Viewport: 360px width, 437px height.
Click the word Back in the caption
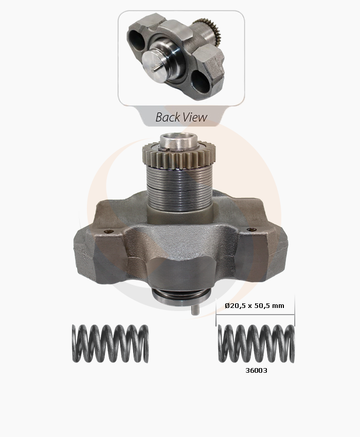click(167, 117)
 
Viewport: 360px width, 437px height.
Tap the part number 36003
click(256, 370)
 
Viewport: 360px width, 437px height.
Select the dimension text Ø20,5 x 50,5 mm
click(255, 306)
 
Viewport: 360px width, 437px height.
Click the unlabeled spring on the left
click(110, 343)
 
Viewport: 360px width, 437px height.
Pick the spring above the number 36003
click(256, 343)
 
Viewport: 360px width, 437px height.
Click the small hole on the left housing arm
click(109, 231)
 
